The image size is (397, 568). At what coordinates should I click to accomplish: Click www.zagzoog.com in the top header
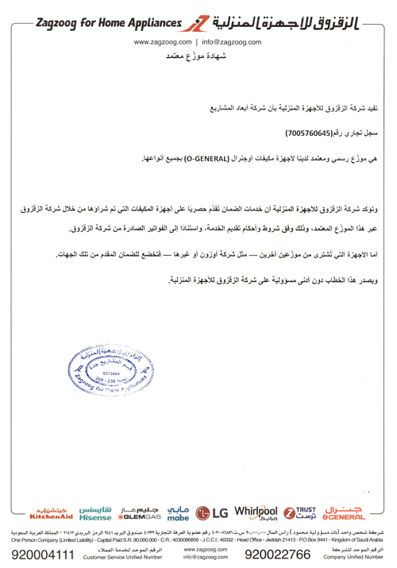point(167,41)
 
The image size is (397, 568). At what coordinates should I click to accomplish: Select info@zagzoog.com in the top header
point(231,41)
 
